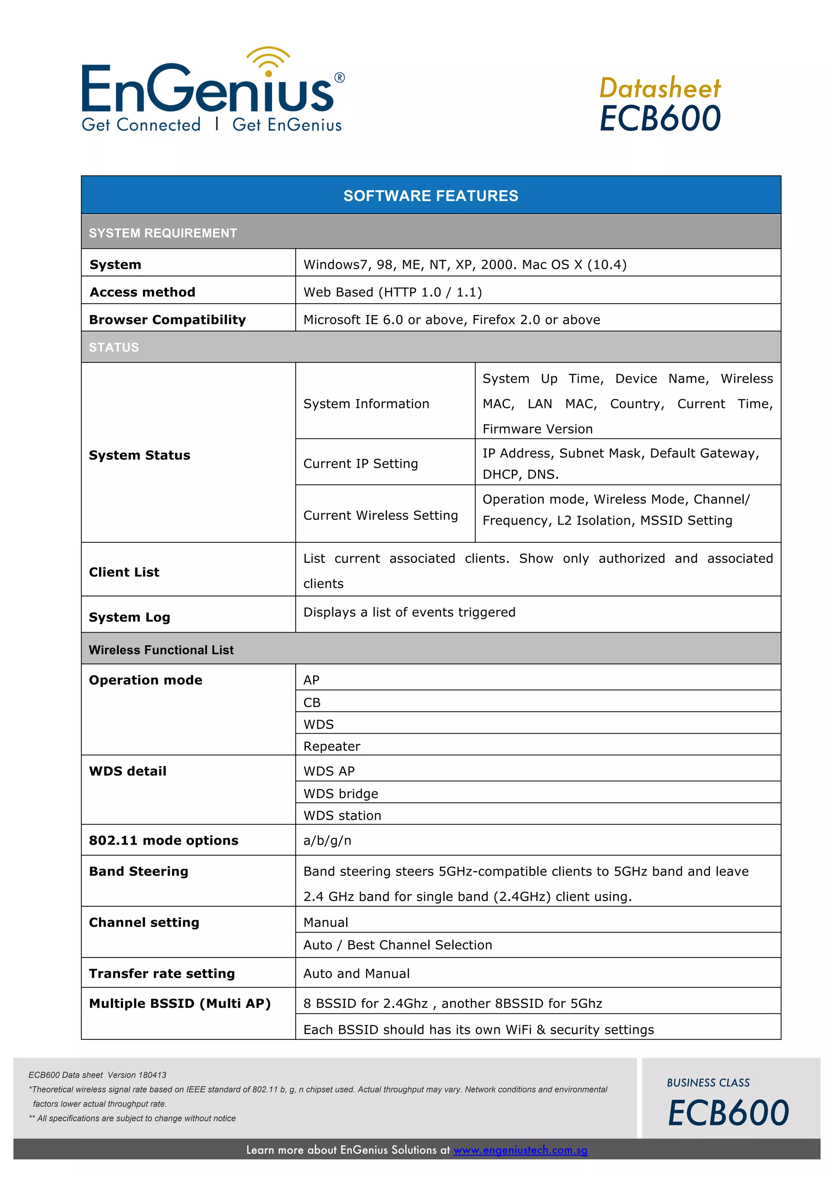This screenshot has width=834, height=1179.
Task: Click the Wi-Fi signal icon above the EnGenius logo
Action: coord(268,61)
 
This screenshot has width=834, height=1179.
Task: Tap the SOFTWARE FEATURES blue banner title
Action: coord(430,196)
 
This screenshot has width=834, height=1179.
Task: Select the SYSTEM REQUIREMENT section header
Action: coord(163,233)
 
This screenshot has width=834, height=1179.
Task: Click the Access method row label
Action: coord(142,292)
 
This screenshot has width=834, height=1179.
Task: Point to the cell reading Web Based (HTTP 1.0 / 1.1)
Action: coord(392,292)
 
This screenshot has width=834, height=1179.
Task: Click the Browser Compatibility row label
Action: coord(167,320)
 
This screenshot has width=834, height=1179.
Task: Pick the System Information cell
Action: coord(366,404)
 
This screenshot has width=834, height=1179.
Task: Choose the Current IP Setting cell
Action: coord(360,464)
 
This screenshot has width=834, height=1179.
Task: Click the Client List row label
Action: coord(124,572)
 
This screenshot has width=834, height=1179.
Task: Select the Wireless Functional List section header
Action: coord(161,650)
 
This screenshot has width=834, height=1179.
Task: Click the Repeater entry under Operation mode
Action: coord(332,746)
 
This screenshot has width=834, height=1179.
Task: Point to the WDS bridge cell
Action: coord(340,793)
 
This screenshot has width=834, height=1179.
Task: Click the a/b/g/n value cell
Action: coord(327,841)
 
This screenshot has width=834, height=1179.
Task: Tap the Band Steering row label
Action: coord(138,871)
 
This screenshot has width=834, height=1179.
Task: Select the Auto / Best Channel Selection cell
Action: coord(397,945)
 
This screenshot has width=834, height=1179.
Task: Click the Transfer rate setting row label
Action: coord(162,973)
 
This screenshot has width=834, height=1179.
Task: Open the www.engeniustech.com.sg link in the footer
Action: coord(520,1150)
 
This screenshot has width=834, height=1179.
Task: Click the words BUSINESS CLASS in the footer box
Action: coord(708,1083)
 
